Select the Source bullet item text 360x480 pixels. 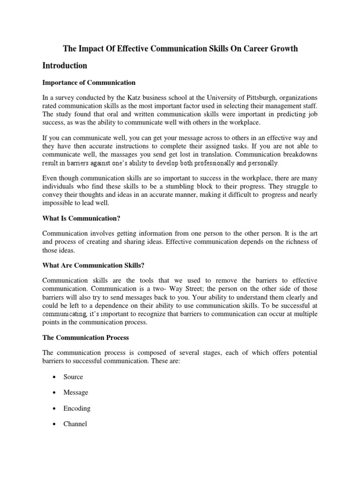pyautogui.click(x=73, y=377)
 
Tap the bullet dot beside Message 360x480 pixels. pyautogui.click(x=55, y=393)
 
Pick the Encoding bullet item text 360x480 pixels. pyautogui.click(x=77, y=408)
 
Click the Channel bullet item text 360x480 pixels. pyautogui.click(x=75, y=424)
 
